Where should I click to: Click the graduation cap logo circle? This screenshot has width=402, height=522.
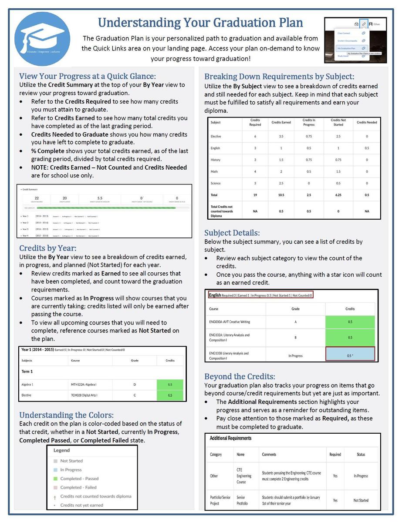click(x=42, y=39)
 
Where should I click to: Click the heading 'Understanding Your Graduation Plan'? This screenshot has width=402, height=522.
click(x=200, y=22)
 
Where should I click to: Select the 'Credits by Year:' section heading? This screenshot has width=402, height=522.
click(x=47, y=248)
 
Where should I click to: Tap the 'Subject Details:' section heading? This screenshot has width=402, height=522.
click(x=232, y=233)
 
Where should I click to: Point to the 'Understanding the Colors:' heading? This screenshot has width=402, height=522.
click(x=66, y=415)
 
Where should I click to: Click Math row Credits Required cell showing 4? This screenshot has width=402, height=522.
click(x=255, y=171)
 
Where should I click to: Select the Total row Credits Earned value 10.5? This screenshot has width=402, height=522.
click(x=281, y=195)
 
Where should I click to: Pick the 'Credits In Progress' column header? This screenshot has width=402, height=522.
click(x=308, y=122)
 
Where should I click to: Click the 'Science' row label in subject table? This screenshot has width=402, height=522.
click(x=216, y=184)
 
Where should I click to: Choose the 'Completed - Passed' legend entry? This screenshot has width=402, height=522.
click(x=79, y=478)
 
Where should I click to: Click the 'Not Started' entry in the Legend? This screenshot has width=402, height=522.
click(x=71, y=461)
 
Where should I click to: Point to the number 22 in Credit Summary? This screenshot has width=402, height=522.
click(x=37, y=198)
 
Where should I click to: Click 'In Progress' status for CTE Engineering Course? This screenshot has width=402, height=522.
click(x=361, y=476)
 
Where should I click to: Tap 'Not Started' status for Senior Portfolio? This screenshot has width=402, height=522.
click(x=361, y=501)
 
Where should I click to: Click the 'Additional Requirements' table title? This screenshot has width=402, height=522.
click(x=230, y=438)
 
